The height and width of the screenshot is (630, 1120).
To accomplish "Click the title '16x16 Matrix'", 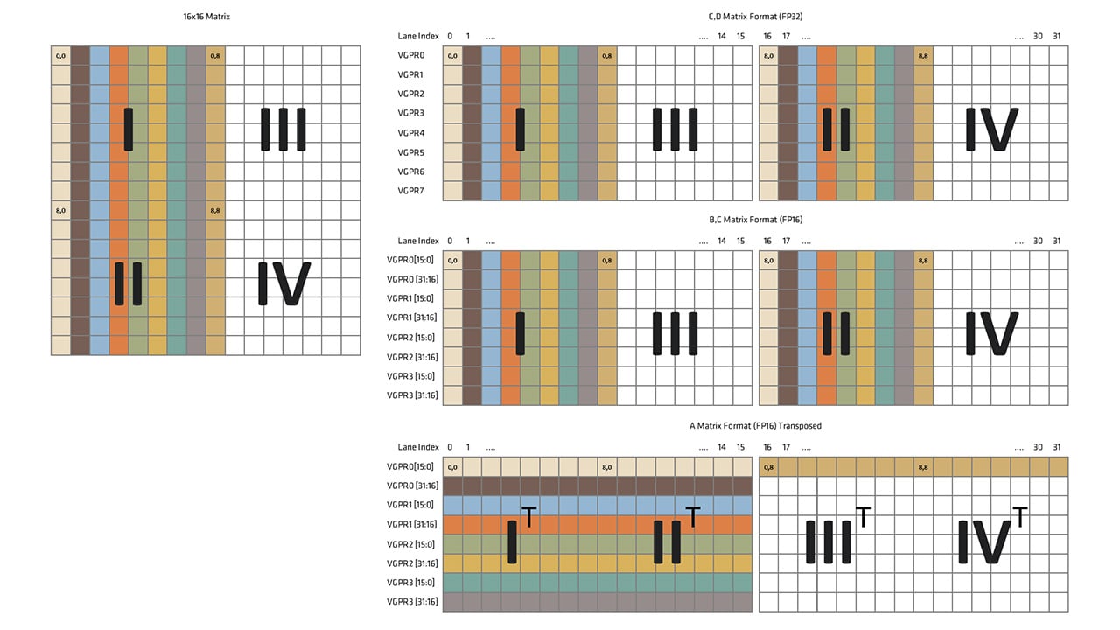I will tap(206, 17).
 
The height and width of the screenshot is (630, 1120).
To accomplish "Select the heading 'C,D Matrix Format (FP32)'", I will tap(755, 17).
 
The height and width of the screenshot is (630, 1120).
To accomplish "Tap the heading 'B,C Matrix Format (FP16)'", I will tap(755, 220).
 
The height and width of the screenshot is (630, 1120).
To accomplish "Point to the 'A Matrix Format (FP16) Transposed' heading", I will tap(755, 426).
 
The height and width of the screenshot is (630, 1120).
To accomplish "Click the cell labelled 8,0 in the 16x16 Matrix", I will tap(59, 210).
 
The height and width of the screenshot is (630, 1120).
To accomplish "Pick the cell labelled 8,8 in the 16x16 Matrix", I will tap(215, 210).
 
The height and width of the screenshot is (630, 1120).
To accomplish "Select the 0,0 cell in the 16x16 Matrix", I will tap(59, 56).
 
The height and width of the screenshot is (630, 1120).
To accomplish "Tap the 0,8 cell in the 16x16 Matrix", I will tap(215, 56).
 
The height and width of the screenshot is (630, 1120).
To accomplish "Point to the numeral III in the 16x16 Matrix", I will tap(283, 129).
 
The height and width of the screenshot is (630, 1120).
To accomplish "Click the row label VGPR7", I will tap(411, 191).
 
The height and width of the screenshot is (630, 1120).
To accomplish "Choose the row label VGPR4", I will tap(411, 133).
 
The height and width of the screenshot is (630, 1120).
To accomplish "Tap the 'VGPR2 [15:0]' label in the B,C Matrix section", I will tap(411, 338).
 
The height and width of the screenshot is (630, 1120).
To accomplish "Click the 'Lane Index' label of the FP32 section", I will tap(417, 37).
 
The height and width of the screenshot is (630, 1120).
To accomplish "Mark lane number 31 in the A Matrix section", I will tap(1057, 447).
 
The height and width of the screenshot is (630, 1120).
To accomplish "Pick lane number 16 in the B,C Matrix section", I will tap(767, 241).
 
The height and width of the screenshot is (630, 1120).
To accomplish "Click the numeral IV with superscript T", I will tap(990, 540).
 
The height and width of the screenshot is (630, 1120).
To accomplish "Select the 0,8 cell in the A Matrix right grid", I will tap(769, 468).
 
